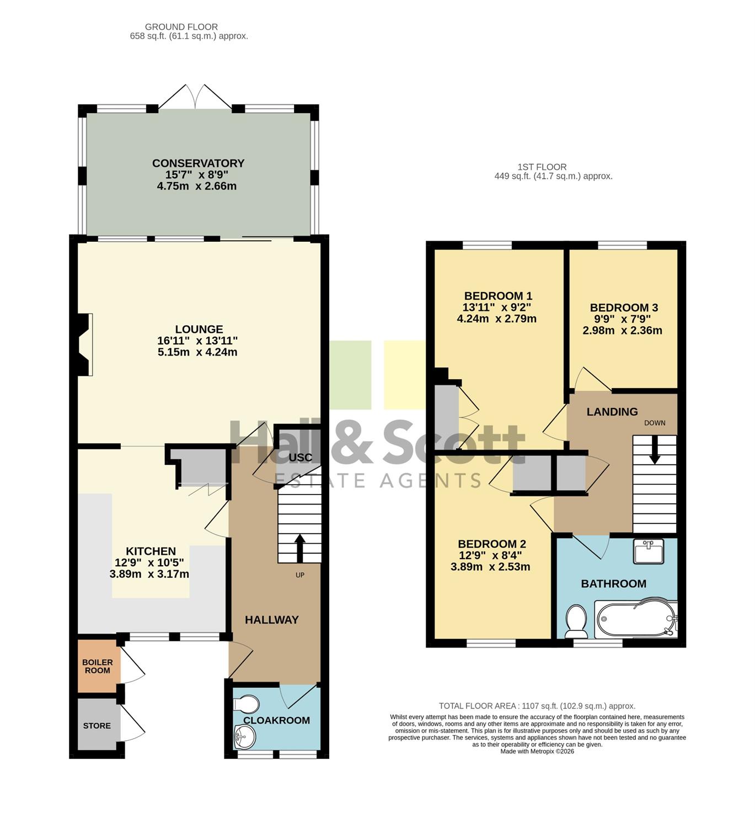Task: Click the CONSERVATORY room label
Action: (x=198, y=163)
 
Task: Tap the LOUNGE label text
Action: (x=199, y=329)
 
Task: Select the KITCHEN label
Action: (x=151, y=551)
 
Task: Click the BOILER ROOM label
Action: (x=98, y=666)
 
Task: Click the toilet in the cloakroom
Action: (x=246, y=704)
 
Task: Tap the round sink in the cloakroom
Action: (x=245, y=737)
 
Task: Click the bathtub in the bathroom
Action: (x=635, y=619)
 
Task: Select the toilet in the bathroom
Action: (x=576, y=621)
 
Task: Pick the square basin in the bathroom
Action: (x=649, y=551)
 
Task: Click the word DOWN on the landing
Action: (x=655, y=423)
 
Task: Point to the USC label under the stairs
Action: (x=300, y=458)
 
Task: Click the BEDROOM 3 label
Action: (x=624, y=307)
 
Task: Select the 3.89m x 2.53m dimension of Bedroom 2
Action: (x=490, y=567)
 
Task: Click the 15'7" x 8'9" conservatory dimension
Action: (x=196, y=174)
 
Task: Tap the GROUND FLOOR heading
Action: (x=181, y=27)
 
